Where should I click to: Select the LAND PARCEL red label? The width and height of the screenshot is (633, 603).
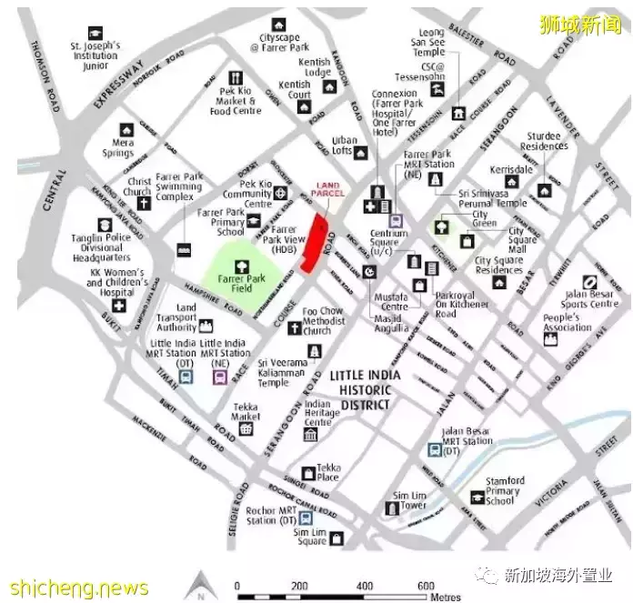(327, 190)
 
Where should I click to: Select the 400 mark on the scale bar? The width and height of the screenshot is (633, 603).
(365, 585)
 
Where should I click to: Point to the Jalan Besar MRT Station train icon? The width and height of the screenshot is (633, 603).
(435, 447)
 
